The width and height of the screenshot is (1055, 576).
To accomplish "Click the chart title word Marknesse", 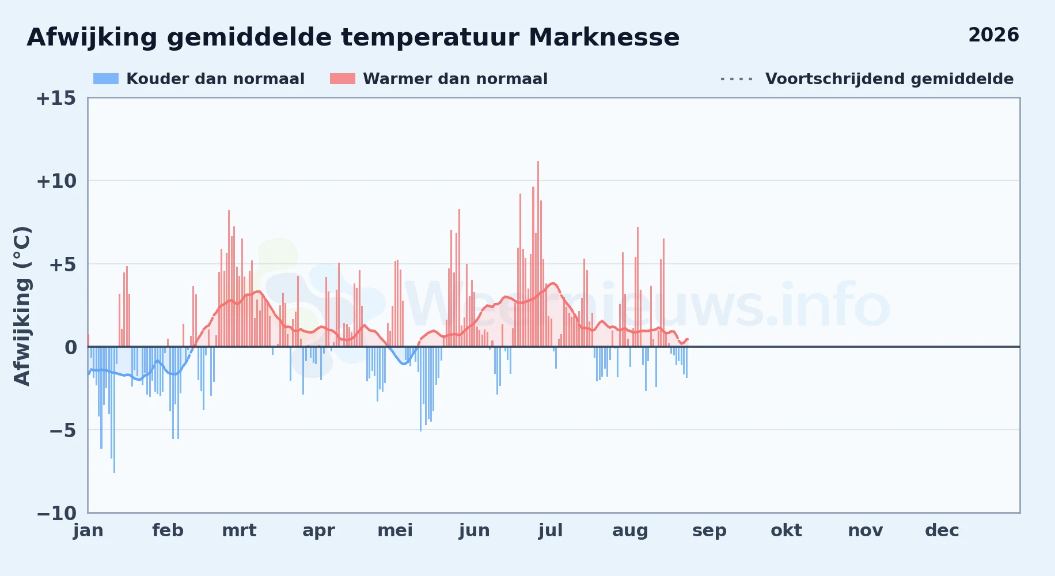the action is (604, 37).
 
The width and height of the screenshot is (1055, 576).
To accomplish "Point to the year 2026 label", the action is (993, 35).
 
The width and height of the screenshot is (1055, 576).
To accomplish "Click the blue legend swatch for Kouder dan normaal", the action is (106, 79).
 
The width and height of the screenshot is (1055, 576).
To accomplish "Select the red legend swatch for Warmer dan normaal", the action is (343, 79).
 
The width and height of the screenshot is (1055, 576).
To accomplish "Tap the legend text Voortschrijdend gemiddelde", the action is (889, 79).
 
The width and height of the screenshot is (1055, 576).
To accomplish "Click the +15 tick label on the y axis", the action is (56, 98).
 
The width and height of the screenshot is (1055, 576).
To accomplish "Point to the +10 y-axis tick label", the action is (56, 181).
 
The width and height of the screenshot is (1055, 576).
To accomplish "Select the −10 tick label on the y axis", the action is (56, 513).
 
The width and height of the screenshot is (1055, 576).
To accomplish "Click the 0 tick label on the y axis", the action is (70, 347).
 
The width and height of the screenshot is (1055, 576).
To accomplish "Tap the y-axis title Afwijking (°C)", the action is (22, 306).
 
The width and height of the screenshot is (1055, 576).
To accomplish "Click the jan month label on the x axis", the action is (88, 530).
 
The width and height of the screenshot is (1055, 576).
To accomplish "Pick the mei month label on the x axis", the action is (395, 530).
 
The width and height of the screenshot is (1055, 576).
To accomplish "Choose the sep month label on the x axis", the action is (709, 531).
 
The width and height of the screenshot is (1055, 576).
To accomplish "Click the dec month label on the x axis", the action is (942, 530).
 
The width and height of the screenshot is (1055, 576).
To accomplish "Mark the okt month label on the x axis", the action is (786, 530).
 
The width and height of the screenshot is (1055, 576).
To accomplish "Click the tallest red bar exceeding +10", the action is (538, 254).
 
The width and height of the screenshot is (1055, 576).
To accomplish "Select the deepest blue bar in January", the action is (114, 410).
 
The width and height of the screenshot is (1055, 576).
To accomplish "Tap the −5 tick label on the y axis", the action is (56, 430).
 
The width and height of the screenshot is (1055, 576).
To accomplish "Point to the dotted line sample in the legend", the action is (737, 79).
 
